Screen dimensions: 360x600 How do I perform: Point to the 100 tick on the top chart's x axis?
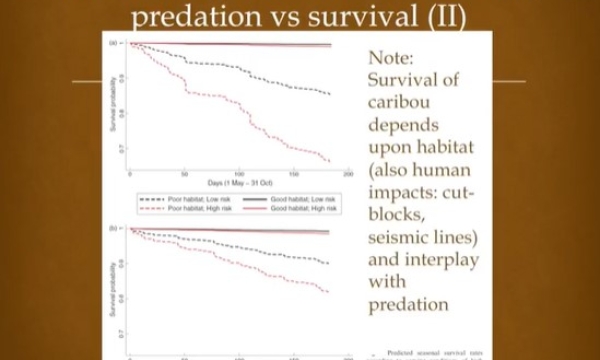tap(239, 174)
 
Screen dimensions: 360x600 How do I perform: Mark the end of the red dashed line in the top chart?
tap(330, 160)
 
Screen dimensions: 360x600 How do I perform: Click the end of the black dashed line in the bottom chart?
tap(330, 264)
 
